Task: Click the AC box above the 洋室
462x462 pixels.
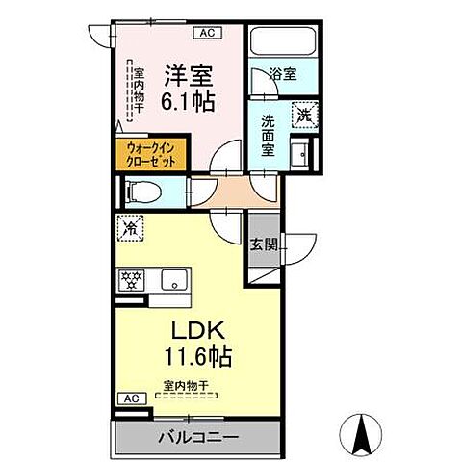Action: coord(205,32)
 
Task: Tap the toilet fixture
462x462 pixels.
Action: coord(136,192)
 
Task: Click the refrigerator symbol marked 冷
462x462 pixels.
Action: coord(129,229)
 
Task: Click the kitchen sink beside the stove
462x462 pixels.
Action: coord(173,281)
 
